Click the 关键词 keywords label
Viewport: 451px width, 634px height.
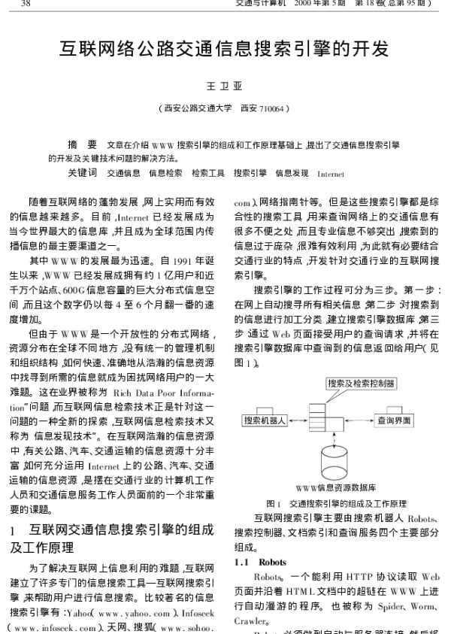click(82, 173)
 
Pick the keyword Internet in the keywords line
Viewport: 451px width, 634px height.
click(331, 174)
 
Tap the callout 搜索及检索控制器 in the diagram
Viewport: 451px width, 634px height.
click(362, 384)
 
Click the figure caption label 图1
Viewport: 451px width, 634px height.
click(274, 503)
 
